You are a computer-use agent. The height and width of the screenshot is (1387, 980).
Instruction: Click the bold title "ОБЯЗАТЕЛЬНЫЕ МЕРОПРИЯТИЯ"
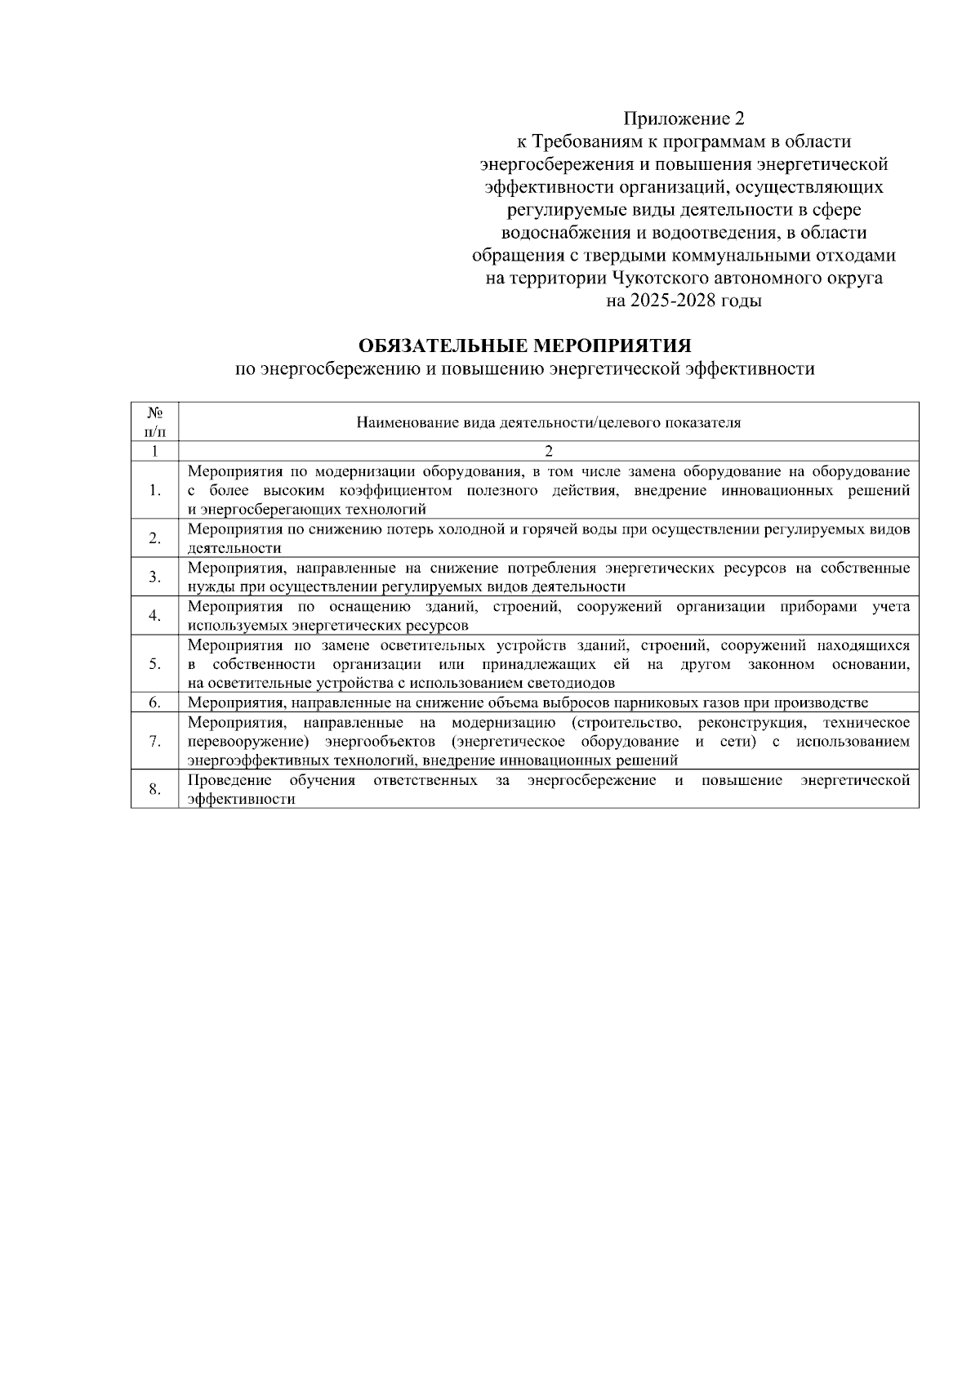pos(525,346)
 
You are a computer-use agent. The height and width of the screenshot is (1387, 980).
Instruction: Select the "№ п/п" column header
pos(154,421)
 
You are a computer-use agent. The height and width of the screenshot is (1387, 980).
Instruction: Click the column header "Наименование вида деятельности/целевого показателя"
pos(548,422)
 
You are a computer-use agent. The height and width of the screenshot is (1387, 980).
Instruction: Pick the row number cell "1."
pos(154,491)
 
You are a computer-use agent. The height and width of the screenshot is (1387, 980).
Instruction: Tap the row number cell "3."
pos(154,578)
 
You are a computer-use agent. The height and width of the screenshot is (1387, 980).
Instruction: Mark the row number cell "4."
pos(154,616)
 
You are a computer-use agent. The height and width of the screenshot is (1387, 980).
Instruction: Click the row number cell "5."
pos(154,663)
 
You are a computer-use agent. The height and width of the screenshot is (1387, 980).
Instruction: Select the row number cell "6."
pos(154,702)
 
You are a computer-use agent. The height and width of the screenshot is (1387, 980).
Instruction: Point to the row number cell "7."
pos(154,741)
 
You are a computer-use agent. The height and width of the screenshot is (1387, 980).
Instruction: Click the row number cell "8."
pos(154,789)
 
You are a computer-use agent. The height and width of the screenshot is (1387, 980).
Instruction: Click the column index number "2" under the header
pos(549,451)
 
